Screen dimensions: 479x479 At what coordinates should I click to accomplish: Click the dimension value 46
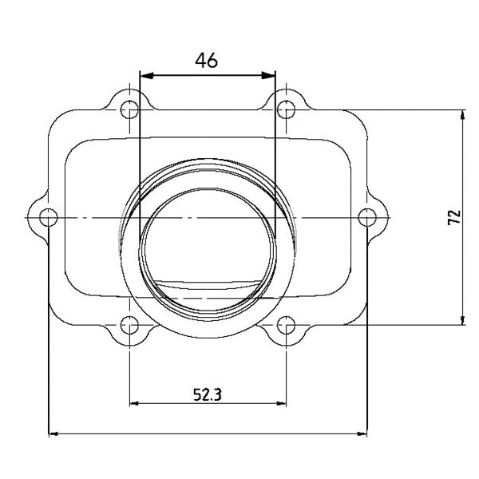(x=206, y=60)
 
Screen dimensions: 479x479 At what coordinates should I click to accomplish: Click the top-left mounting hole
(x=128, y=109)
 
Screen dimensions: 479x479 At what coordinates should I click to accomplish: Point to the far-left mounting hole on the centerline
(x=49, y=216)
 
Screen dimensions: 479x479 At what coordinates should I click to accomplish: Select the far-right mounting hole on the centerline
(x=366, y=216)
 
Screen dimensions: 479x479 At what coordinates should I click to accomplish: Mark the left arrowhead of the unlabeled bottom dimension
(x=54, y=434)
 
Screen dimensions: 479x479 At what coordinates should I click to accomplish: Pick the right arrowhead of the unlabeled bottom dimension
(x=361, y=434)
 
